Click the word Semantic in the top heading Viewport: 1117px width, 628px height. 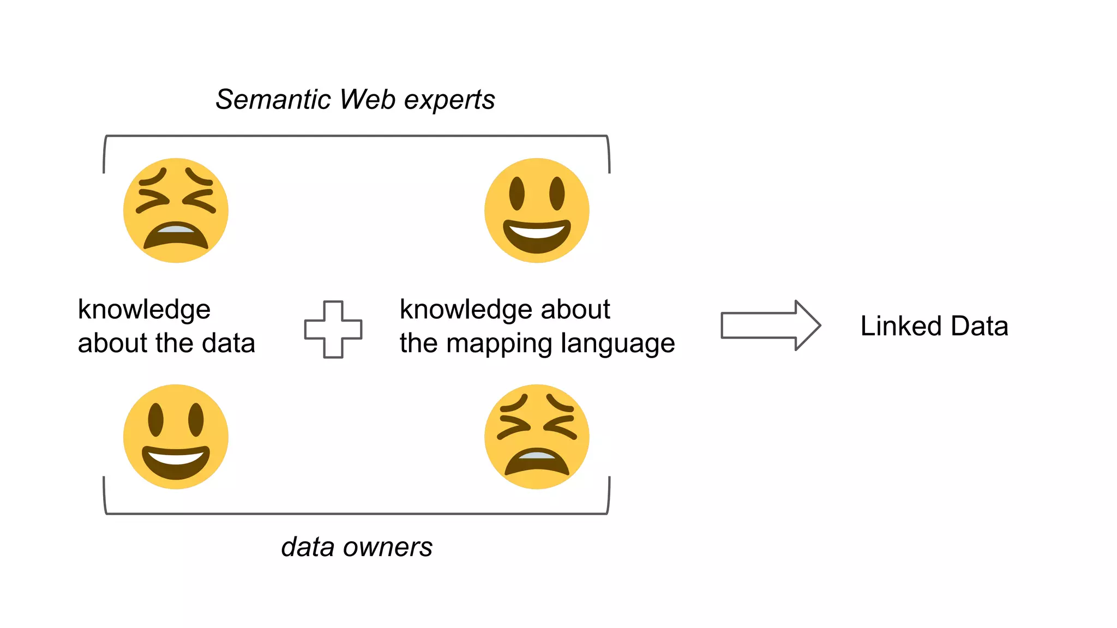pos(273,100)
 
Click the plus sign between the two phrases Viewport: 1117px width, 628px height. pos(333,329)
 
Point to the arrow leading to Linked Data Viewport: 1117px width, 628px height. pos(770,325)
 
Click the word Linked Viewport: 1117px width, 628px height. pos(901,326)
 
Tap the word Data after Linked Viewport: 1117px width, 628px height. pos(980,326)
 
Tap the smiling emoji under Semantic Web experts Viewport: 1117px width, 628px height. pos(537,210)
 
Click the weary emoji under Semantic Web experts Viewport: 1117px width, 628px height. pos(176,210)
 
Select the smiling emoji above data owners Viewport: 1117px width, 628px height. pos(176,437)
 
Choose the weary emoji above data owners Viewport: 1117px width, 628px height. pos(537,437)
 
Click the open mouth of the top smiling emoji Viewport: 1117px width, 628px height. pos(537,235)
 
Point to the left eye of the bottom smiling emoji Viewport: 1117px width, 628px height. pos(156,420)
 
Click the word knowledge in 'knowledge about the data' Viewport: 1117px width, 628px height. pos(144,310)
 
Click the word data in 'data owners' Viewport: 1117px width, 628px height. pos(308,547)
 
